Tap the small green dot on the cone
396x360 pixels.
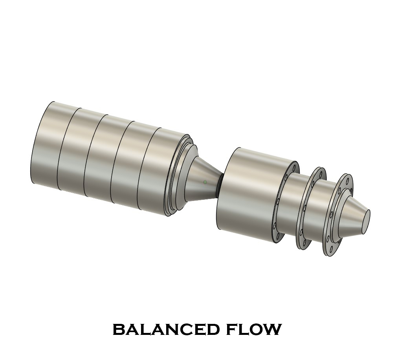(x=205, y=182)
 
